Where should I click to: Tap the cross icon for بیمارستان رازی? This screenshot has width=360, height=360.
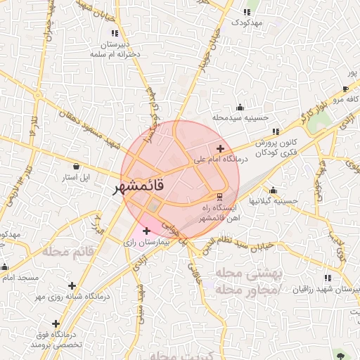(146, 231)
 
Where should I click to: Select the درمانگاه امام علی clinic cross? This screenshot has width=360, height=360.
(221, 148)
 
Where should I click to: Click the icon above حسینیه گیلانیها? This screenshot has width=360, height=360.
(273, 191)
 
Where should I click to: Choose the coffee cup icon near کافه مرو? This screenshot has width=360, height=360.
(345, 89)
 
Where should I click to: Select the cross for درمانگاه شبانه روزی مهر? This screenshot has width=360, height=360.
(72, 285)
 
